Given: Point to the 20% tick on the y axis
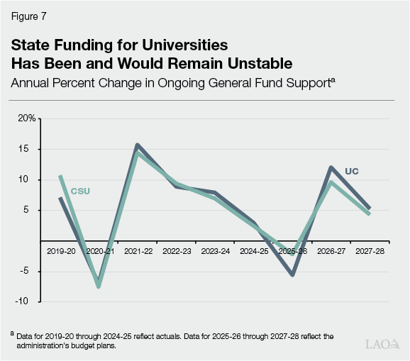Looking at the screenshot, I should click(27, 118).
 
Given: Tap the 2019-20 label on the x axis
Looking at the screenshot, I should click(60, 251).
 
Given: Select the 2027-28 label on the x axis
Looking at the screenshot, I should click(370, 251).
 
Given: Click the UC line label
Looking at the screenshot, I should click(352, 171).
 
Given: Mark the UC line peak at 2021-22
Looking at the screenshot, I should click(137, 145).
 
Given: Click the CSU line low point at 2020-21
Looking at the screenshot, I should click(99, 287).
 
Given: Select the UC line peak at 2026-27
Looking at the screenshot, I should click(331, 167).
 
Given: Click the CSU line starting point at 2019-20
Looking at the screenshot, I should click(60, 176).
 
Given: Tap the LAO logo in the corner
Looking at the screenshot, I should click(382, 345).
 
